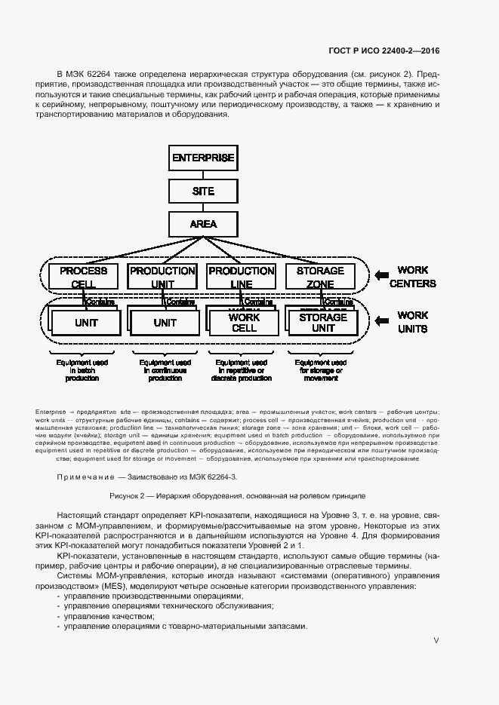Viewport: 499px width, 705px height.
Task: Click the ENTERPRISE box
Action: pos(203,158)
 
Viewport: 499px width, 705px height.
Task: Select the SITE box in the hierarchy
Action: pos(203,192)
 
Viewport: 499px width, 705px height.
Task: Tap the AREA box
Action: pos(203,224)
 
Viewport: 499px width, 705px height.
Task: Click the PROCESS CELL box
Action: pos(84,277)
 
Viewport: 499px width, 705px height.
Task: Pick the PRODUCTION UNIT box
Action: pos(162,277)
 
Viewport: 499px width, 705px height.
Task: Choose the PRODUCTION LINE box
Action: pos(241,277)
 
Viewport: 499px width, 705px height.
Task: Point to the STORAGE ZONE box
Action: pos(320,277)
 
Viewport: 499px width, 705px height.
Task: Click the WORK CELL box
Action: pos(244,323)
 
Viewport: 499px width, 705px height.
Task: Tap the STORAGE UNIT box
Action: pos(322,323)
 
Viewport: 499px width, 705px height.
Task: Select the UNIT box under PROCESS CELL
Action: pos(87,323)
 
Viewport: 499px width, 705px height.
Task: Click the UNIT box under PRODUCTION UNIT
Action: pos(165,323)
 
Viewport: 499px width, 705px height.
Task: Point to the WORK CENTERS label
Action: pos(417,277)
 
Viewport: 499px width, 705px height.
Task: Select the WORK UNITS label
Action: pos(413,322)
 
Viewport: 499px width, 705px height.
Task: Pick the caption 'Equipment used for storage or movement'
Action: pos(321,370)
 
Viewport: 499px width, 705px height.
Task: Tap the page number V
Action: pos(436,640)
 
